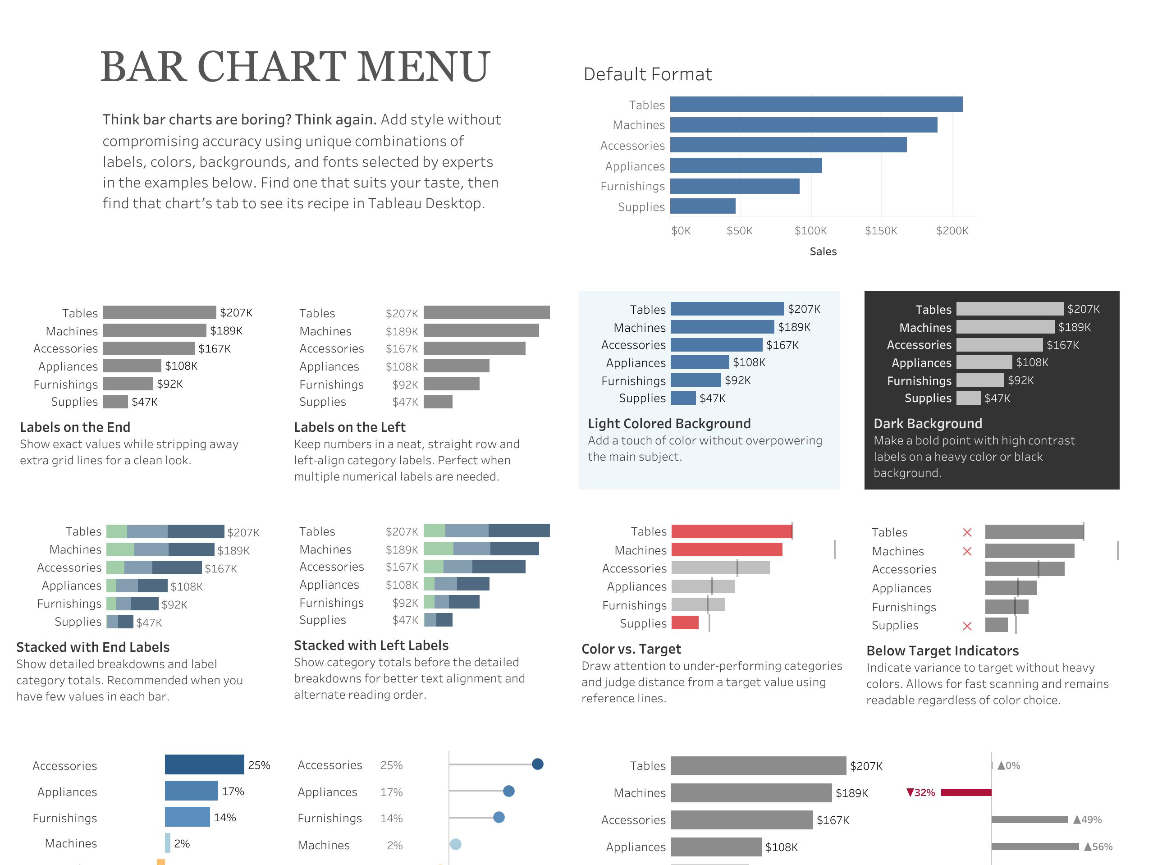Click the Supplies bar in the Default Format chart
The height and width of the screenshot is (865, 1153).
click(702, 206)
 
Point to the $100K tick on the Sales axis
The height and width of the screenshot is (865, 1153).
click(810, 230)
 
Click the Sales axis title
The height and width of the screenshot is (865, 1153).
click(823, 252)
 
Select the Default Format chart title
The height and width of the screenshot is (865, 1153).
click(647, 74)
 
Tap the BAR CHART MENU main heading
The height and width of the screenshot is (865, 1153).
click(295, 67)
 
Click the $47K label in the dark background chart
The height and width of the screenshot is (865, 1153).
click(997, 398)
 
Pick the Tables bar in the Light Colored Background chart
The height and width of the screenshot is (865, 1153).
click(727, 309)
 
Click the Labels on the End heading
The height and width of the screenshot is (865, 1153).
click(75, 427)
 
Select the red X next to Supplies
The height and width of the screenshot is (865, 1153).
click(967, 626)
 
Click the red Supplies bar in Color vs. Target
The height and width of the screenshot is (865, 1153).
click(684, 622)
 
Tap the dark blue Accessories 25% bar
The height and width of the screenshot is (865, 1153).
click(204, 764)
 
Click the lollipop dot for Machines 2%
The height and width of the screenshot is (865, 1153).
click(455, 844)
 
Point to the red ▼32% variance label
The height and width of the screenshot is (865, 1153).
click(920, 792)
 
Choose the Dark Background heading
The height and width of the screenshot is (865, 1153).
click(927, 423)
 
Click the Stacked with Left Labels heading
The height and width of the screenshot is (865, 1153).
click(371, 645)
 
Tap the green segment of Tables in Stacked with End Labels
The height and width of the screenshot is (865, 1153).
click(117, 531)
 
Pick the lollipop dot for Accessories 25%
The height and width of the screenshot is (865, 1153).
click(537, 764)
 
